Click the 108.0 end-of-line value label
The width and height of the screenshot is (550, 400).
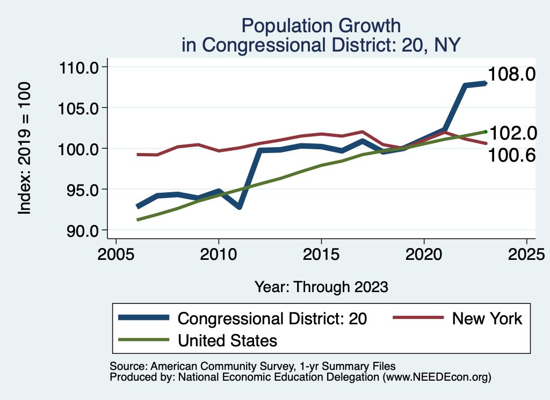[511, 74]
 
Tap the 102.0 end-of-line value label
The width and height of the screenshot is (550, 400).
[511, 133]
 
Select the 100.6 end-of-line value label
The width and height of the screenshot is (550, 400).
[511, 155]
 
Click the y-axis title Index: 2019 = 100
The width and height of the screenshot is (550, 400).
[25, 149]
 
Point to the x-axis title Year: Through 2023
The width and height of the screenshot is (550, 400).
[321, 287]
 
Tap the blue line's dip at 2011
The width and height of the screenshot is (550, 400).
[239, 207]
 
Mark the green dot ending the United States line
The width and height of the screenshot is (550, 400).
[486, 132]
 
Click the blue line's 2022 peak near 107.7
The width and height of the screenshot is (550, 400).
[465, 85]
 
